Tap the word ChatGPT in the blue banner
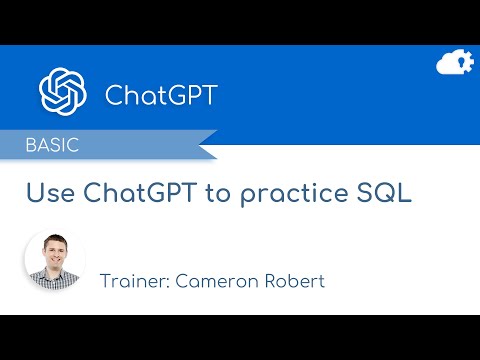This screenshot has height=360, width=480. click(x=161, y=95)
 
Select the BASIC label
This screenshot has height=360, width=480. click(x=52, y=145)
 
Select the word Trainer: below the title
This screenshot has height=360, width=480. click(x=134, y=280)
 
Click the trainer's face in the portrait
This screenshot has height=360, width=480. click(x=54, y=254)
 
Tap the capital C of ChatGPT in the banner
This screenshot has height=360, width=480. click(x=114, y=95)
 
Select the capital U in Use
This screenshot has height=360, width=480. click(x=33, y=193)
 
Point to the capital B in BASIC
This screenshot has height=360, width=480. click(x=32, y=145)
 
